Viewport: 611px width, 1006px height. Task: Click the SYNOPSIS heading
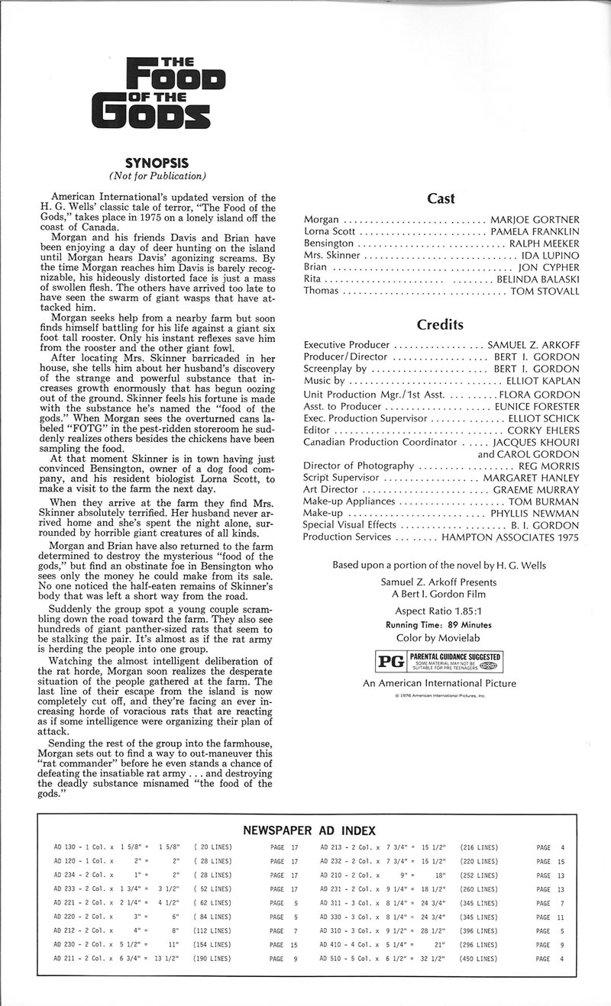[160, 162]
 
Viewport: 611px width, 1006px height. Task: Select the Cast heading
[441, 198]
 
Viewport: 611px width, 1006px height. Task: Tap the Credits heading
[441, 324]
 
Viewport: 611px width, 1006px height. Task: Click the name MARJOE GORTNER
[535, 220]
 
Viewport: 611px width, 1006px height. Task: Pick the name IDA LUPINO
[549, 255]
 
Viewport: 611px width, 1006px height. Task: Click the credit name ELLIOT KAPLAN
[542, 380]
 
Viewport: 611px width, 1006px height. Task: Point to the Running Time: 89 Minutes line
[440, 624]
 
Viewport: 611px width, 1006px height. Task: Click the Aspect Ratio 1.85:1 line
[440, 611]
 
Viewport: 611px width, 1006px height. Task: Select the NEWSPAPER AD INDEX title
[309, 830]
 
